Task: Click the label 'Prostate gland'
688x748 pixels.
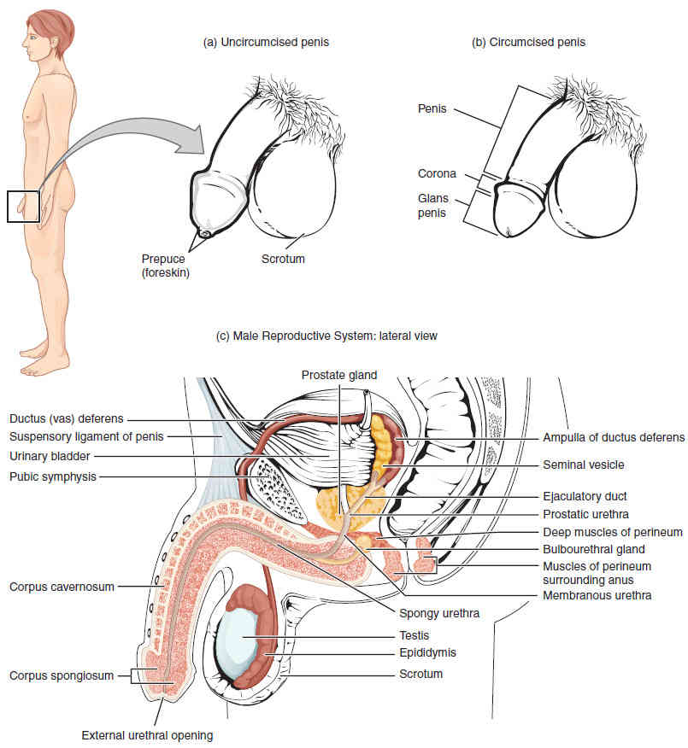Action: click(338, 374)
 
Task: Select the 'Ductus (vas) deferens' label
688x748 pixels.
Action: click(67, 419)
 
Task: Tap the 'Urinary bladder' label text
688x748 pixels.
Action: click(49, 457)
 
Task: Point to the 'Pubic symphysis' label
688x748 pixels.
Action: click(52, 476)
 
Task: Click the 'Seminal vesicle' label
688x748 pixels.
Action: click(584, 465)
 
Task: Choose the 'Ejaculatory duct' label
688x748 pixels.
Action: click(585, 496)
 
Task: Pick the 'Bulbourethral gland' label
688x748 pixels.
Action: click(593, 549)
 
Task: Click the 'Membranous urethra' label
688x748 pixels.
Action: click(597, 595)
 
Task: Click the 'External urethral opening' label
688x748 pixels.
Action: click(147, 734)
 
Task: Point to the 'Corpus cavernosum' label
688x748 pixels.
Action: click(61, 587)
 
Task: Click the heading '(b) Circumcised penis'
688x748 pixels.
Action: click(528, 42)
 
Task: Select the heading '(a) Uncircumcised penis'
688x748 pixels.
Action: click(266, 42)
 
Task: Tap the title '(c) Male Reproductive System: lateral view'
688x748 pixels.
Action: click(328, 336)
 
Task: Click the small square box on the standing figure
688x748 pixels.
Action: click(23, 207)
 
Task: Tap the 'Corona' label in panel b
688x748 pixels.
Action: click(436, 173)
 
